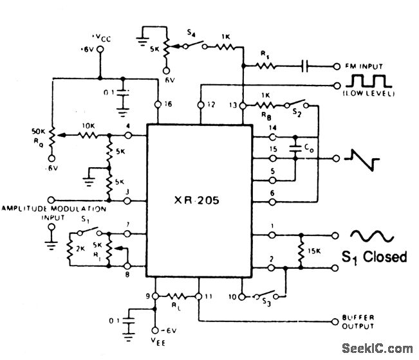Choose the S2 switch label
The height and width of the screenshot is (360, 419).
tap(296, 113)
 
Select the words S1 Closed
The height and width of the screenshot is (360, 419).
tap(374, 257)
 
